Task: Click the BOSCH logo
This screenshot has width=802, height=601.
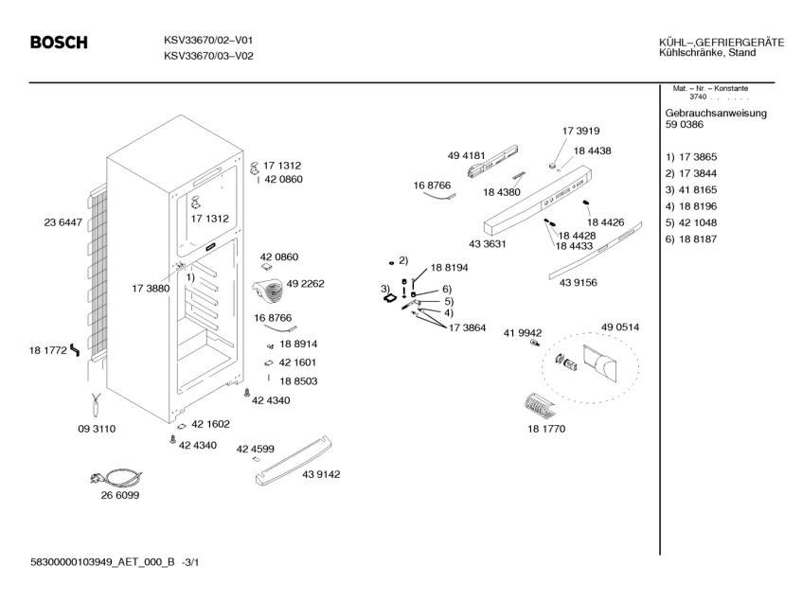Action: coord(59,44)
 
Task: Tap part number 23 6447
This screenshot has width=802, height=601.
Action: coord(63,222)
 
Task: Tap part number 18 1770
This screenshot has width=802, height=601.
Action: coord(545,429)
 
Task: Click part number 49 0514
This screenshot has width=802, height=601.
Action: coord(620,327)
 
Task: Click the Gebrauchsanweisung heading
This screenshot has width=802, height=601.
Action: coord(716,113)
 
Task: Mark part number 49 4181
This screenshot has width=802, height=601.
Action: coord(466,154)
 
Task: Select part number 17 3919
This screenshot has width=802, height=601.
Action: coord(580,132)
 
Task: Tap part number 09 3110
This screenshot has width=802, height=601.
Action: coord(96,429)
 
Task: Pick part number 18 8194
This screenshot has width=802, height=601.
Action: coord(450,269)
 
